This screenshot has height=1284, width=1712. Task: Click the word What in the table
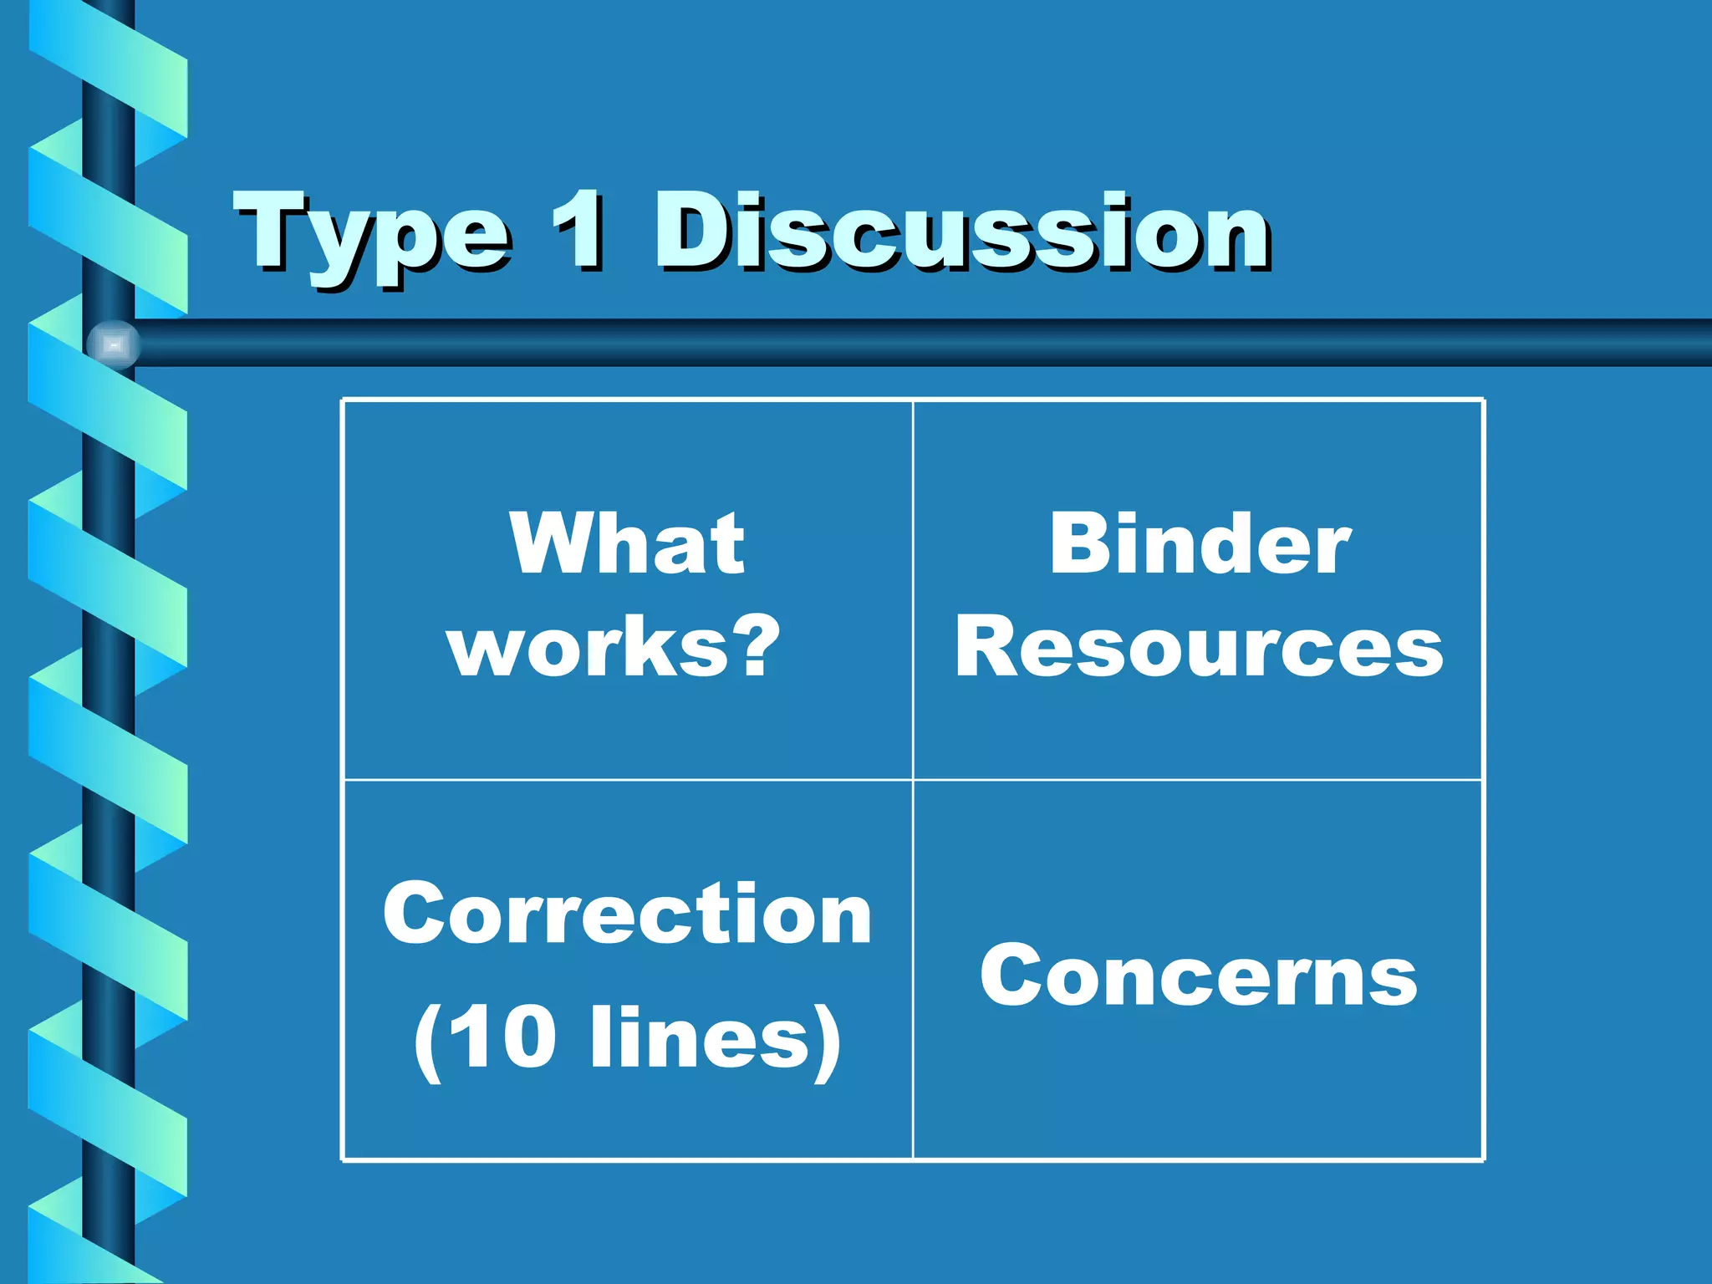[x=627, y=545]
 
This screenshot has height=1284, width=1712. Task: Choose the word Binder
[x=1199, y=545]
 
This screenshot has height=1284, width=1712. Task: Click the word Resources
[x=1199, y=648]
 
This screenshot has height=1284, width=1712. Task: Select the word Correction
[x=627, y=915]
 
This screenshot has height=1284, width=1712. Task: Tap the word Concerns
[x=1199, y=976]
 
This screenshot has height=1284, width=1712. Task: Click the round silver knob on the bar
[x=113, y=344]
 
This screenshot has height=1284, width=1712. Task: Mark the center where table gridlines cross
[x=913, y=780]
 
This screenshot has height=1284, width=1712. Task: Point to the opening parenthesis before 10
[x=428, y=1041]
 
